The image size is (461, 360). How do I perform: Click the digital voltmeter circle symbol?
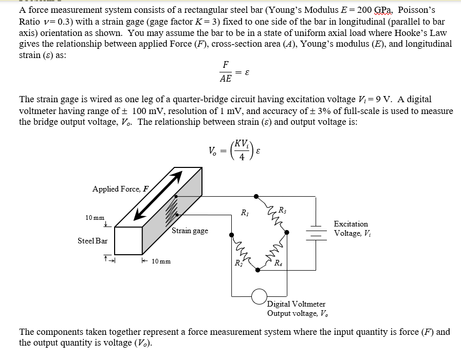point(259,296)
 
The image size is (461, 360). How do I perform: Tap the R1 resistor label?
point(245,213)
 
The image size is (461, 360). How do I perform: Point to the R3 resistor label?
point(282,209)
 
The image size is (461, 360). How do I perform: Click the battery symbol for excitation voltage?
point(315,233)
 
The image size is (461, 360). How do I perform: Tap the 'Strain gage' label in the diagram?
point(190,231)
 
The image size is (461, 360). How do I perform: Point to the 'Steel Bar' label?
point(93,240)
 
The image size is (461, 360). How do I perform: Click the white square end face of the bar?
point(128,240)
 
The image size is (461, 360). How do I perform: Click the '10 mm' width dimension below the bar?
point(160,261)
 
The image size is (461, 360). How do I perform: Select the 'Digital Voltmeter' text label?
point(296,304)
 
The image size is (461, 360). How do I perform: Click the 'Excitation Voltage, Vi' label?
point(351,229)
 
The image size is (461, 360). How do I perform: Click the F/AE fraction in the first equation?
point(225,72)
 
